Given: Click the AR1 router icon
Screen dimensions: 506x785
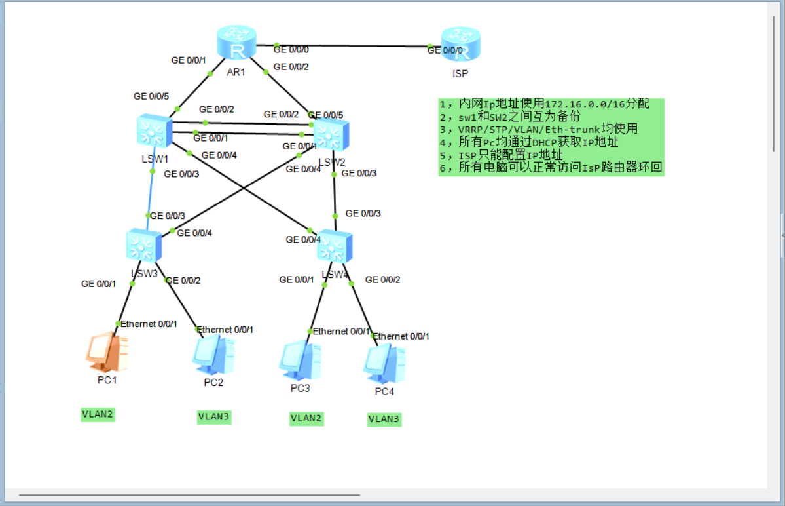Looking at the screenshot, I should [236, 45].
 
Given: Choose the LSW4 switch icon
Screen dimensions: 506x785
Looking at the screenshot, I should [335, 248].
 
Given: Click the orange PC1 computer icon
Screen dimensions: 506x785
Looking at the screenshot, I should [105, 352].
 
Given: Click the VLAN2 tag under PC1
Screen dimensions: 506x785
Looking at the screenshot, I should [98, 414].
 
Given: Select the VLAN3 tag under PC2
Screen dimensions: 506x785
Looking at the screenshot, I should [214, 417].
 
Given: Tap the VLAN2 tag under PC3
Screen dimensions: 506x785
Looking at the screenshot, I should [306, 418].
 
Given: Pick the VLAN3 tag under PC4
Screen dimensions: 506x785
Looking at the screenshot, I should [384, 419].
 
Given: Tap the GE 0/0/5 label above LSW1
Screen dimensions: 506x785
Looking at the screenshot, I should [150, 96].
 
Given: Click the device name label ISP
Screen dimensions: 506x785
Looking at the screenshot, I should [460, 73].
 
